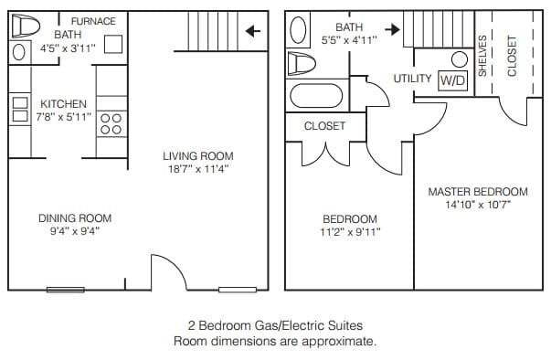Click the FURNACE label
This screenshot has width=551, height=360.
click(x=93, y=21)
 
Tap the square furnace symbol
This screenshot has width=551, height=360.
click(x=113, y=45)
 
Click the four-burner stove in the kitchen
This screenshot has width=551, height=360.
click(x=111, y=123)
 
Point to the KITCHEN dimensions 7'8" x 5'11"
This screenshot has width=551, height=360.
click(x=64, y=117)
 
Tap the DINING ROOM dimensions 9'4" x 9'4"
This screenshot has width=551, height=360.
click(x=75, y=231)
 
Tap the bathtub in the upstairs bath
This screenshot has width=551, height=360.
click(x=315, y=95)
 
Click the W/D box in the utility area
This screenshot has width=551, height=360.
click(x=452, y=80)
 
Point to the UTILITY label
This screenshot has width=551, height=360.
click(x=412, y=79)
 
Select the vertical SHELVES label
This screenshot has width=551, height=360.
click(x=482, y=56)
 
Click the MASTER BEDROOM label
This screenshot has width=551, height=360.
click(x=478, y=192)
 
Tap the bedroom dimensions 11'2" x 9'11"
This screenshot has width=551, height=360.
click(x=350, y=232)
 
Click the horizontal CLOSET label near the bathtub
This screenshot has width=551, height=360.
click(x=324, y=126)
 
